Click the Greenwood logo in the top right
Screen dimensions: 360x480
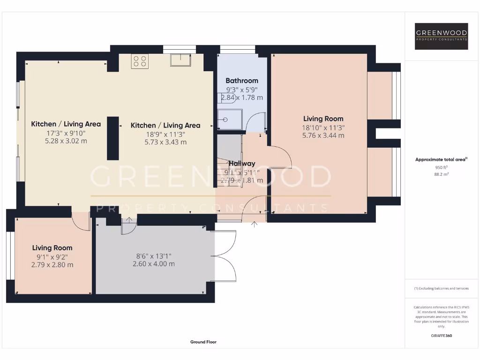pyautogui.click(x=442, y=36)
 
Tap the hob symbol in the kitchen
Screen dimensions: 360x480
pyautogui.click(x=140, y=61)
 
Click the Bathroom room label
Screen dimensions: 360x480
pyautogui.click(x=242, y=81)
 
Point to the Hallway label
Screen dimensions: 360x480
pyautogui.click(x=242, y=164)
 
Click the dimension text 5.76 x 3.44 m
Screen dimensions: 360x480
pyautogui.click(x=323, y=135)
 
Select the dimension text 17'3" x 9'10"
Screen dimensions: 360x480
pyautogui.click(x=66, y=133)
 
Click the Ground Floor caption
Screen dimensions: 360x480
pyautogui.click(x=203, y=342)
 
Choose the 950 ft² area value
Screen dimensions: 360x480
pyautogui.click(x=441, y=167)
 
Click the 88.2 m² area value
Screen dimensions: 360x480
pyautogui.click(x=441, y=173)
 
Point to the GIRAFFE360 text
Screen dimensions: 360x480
pyautogui.click(x=441, y=336)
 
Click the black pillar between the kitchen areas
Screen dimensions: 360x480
pyautogui.click(x=112, y=138)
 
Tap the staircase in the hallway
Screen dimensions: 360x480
pyautogui.click(x=228, y=164)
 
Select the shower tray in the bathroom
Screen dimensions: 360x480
pyautogui.click(x=230, y=120)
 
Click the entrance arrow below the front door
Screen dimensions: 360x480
pyautogui.click(x=255, y=225)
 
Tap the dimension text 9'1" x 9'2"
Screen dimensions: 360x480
pyautogui.click(x=52, y=256)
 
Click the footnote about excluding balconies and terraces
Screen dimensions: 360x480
pyautogui.click(x=441, y=288)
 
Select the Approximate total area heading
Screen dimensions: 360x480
pyautogui.click(x=441, y=159)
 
